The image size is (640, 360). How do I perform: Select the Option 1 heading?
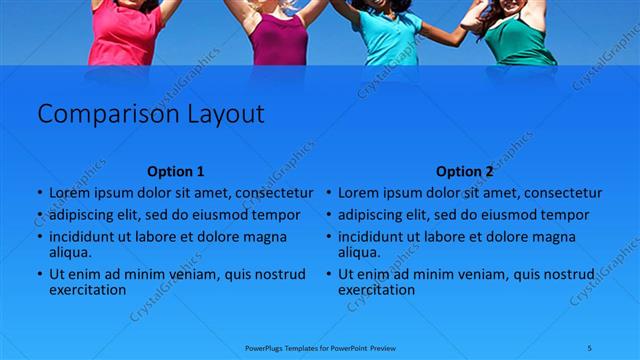(x=175, y=171)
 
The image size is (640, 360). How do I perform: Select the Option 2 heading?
(x=465, y=171)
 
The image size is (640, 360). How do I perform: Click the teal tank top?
(x=388, y=38)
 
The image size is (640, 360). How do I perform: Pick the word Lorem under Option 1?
(x=70, y=193)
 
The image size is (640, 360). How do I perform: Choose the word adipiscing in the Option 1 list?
(x=85, y=215)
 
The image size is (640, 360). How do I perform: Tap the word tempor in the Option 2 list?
(x=566, y=215)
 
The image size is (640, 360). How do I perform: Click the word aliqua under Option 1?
(x=70, y=253)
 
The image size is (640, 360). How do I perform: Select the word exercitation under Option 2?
(x=376, y=290)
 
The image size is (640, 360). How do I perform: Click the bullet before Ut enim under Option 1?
(x=39, y=274)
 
